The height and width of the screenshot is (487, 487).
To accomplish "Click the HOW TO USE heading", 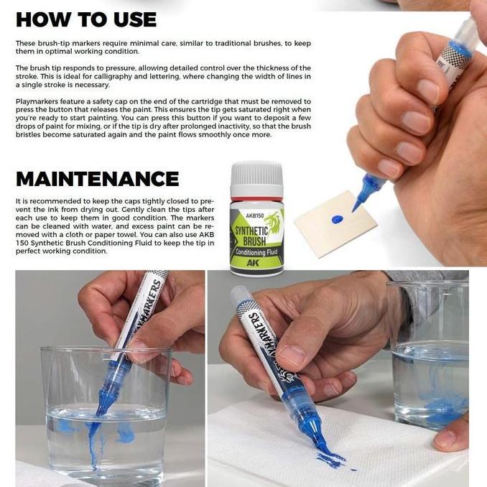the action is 86,19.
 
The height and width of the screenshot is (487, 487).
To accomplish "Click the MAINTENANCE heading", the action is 98,179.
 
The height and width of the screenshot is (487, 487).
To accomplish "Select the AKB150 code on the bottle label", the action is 255,215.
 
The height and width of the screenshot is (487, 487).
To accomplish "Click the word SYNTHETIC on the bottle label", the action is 251,231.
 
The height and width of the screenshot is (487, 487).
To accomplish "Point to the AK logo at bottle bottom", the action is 253,263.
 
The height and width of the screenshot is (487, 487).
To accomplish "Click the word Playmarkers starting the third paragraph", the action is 37,101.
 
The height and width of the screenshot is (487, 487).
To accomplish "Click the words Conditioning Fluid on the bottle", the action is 256,252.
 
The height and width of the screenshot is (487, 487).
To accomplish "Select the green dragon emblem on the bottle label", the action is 274,222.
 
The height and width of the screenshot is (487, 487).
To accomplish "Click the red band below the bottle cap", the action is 256,199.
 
